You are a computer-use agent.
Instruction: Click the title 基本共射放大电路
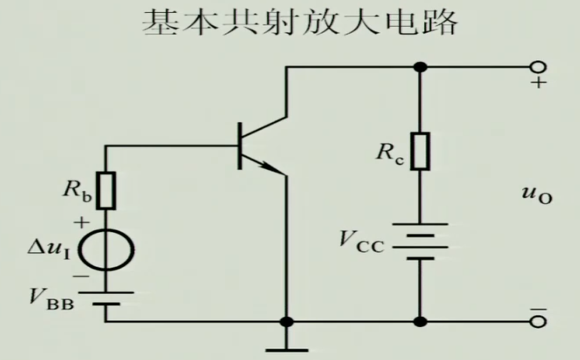tap(300, 23)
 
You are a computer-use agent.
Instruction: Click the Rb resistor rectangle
tap(106, 190)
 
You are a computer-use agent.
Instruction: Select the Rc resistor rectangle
tap(421, 151)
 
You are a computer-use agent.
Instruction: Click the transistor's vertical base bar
tap(240, 146)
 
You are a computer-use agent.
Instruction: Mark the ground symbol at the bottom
tap(287, 349)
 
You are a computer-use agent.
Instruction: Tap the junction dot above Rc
tap(421, 67)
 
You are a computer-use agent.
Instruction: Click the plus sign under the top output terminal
tap(539, 84)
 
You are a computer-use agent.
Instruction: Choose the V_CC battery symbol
tap(421, 241)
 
